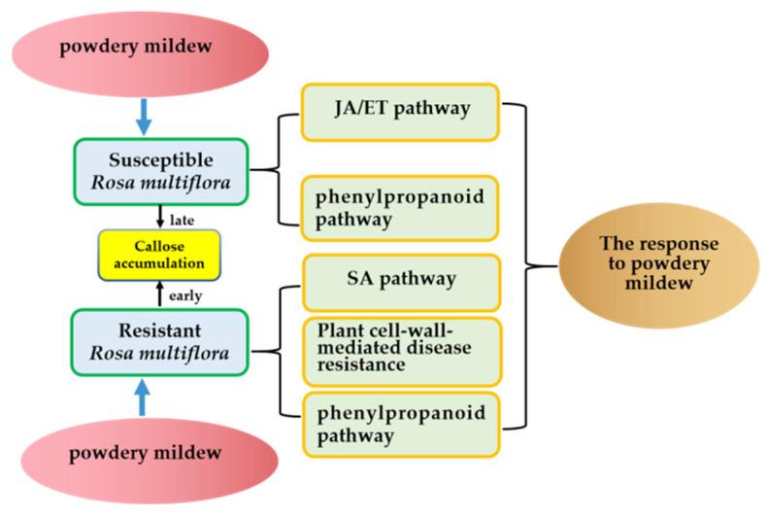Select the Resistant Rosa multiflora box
tap(161, 342)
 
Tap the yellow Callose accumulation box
tap(160, 255)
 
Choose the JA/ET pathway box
tap(401, 109)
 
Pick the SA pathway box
tap(401, 280)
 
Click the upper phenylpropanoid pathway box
tap(401, 208)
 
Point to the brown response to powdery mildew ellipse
tap(644, 262)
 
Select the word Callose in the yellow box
tap(161, 246)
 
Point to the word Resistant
tap(160, 331)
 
